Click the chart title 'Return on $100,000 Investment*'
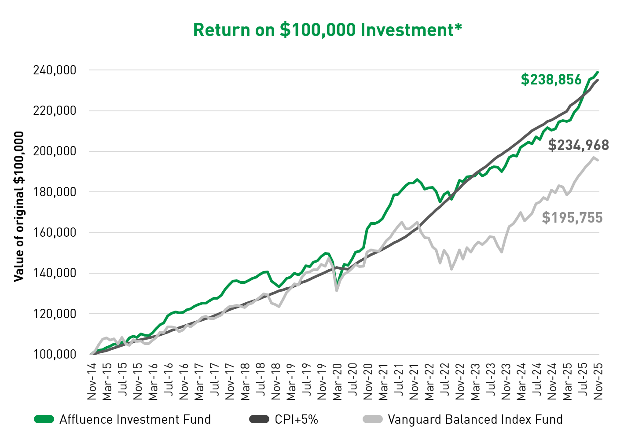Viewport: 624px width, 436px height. click(x=327, y=30)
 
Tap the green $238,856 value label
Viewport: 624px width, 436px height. click(x=551, y=79)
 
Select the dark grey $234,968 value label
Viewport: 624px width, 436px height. click(x=578, y=145)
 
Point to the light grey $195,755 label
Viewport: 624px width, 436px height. click(x=572, y=218)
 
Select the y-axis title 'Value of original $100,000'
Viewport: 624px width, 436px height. click(x=19, y=206)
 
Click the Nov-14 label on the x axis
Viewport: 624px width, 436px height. click(x=92, y=382)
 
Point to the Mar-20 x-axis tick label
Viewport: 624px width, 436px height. click(x=338, y=382)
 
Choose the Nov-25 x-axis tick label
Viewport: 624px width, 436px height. click(x=598, y=382)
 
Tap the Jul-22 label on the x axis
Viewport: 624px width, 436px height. click(x=445, y=382)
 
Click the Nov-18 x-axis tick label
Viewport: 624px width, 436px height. click(x=276, y=382)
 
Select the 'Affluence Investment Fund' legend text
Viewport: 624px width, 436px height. click(x=135, y=419)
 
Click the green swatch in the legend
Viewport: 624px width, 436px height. click(x=44, y=419)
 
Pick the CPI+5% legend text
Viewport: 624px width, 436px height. click(x=296, y=419)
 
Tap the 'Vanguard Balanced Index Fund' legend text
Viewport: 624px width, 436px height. click(x=475, y=419)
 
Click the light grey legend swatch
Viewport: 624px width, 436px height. click(x=373, y=419)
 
